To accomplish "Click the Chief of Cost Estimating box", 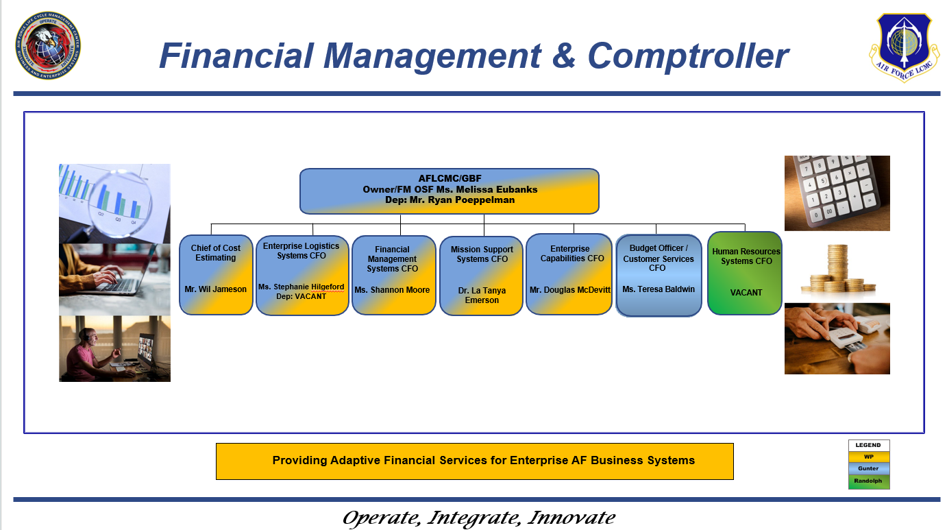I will click(216, 274).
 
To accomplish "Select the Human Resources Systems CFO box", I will click(745, 273).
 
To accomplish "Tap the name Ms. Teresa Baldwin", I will click(659, 289).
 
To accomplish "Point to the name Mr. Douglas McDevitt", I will click(569, 290).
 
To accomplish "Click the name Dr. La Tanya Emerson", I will click(482, 296).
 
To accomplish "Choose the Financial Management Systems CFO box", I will click(393, 275).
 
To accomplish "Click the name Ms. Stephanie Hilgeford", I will click(302, 287).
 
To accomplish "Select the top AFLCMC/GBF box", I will click(449, 191).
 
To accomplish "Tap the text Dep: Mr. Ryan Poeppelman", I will click(439, 200).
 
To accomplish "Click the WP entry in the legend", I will click(869, 457).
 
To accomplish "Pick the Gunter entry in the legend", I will click(869, 469).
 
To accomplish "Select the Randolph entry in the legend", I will click(869, 481).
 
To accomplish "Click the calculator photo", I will click(837, 193).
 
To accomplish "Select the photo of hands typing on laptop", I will click(114, 279).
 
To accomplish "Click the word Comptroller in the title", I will click(688, 56).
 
